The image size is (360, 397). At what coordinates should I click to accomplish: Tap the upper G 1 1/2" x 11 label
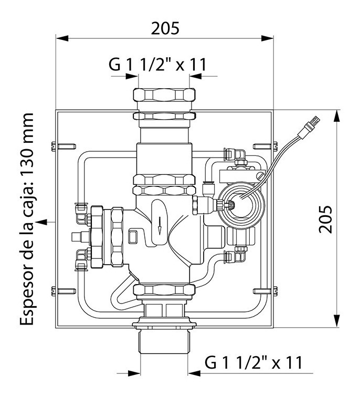[x=157, y=65]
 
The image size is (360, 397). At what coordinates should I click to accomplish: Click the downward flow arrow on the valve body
[x=157, y=221]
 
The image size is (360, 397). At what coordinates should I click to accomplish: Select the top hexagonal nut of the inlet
[x=164, y=96]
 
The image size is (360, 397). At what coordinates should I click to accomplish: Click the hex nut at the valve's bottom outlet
[x=164, y=290]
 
